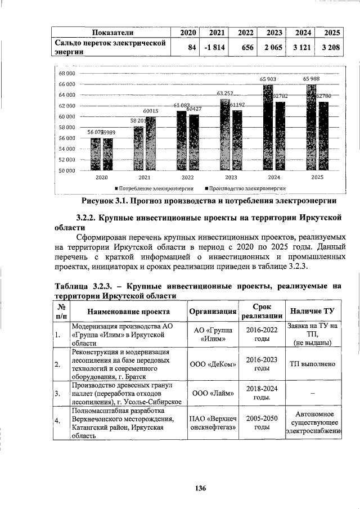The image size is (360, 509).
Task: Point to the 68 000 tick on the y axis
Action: click(67, 74)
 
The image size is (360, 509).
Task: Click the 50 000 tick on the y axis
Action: click(67, 170)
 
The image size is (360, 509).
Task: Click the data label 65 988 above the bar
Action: click(313, 79)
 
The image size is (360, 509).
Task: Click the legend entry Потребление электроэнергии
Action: click(154, 188)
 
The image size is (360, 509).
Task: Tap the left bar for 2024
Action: click(268, 127)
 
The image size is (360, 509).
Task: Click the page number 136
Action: click(201, 488)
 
